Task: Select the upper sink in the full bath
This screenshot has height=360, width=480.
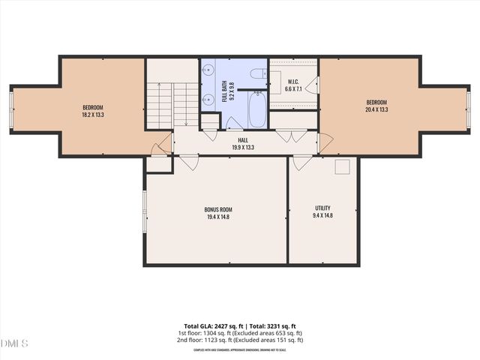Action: coord(208,72)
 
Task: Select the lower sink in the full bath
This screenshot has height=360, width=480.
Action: coord(208,100)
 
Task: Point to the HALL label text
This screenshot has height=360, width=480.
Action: coord(243,139)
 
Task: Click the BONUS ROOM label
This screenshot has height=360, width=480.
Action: coord(217,208)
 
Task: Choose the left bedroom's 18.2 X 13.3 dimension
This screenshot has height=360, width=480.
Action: coord(93,115)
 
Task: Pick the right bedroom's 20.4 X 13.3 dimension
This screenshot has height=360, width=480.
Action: coord(376,110)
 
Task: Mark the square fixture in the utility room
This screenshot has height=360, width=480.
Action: coord(343,166)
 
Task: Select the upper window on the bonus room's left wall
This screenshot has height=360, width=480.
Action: coord(144,203)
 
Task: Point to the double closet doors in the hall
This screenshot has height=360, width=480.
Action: coord(286,136)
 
